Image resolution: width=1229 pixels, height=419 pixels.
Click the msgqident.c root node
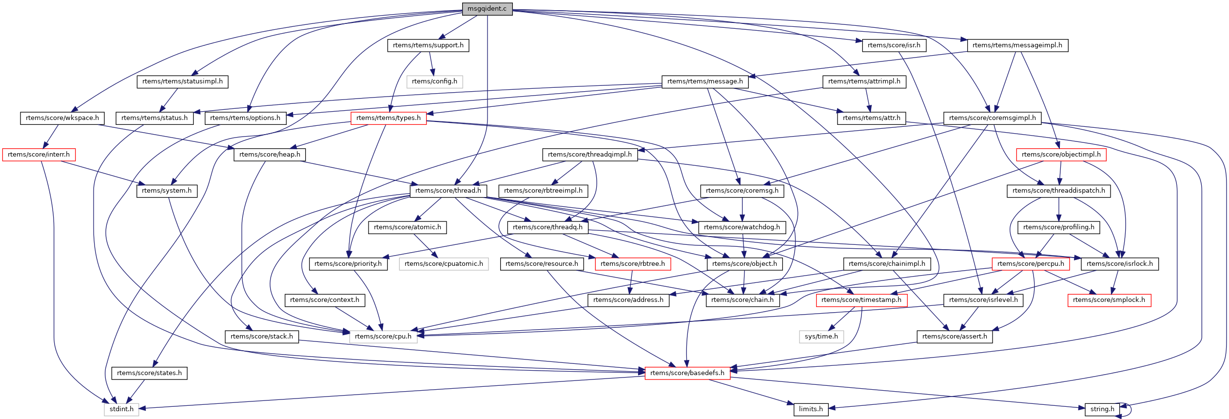[x=487, y=9]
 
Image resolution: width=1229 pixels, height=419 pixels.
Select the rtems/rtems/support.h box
[x=428, y=45]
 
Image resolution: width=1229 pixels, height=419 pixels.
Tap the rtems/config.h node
[x=434, y=81]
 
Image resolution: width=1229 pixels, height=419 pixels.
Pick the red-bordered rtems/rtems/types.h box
[x=389, y=118]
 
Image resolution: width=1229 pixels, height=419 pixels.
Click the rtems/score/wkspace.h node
[x=62, y=118]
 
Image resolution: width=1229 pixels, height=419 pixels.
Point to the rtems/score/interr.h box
[x=39, y=155]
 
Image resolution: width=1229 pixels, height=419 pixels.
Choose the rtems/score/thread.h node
[x=448, y=191]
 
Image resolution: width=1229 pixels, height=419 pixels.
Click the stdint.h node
[x=121, y=409]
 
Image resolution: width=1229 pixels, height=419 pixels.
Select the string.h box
[x=1102, y=409]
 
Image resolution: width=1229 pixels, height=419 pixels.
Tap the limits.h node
[x=811, y=409]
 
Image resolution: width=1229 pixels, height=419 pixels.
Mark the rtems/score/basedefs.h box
[x=687, y=373]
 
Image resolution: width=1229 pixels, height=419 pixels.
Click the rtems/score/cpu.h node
[x=383, y=337]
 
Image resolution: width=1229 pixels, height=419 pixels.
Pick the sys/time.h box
[x=821, y=337]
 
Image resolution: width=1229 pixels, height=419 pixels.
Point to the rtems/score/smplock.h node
[x=1109, y=300]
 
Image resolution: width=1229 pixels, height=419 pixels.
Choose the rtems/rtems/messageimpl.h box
[x=1017, y=45]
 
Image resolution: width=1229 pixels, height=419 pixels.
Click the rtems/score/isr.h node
[x=894, y=45]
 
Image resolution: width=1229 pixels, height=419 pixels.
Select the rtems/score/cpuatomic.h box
[x=444, y=264]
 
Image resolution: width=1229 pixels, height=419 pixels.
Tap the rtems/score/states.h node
[x=149, y=373]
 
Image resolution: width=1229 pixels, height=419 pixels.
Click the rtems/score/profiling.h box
[x=1059, y=227]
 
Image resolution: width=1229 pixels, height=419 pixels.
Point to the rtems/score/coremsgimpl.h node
[x=993, y=118]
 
